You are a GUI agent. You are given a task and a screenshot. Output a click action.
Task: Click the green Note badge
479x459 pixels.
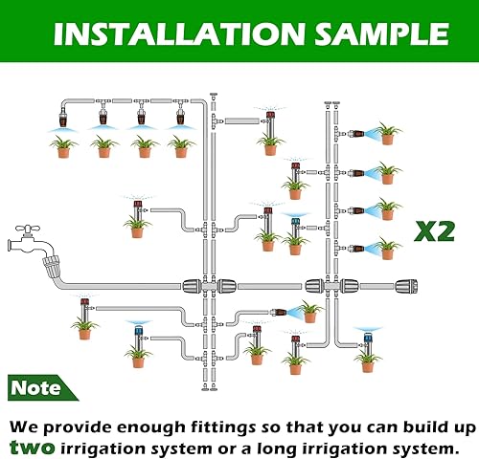(36, 389)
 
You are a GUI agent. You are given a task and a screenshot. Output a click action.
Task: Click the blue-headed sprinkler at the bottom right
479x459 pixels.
(367, 337)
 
